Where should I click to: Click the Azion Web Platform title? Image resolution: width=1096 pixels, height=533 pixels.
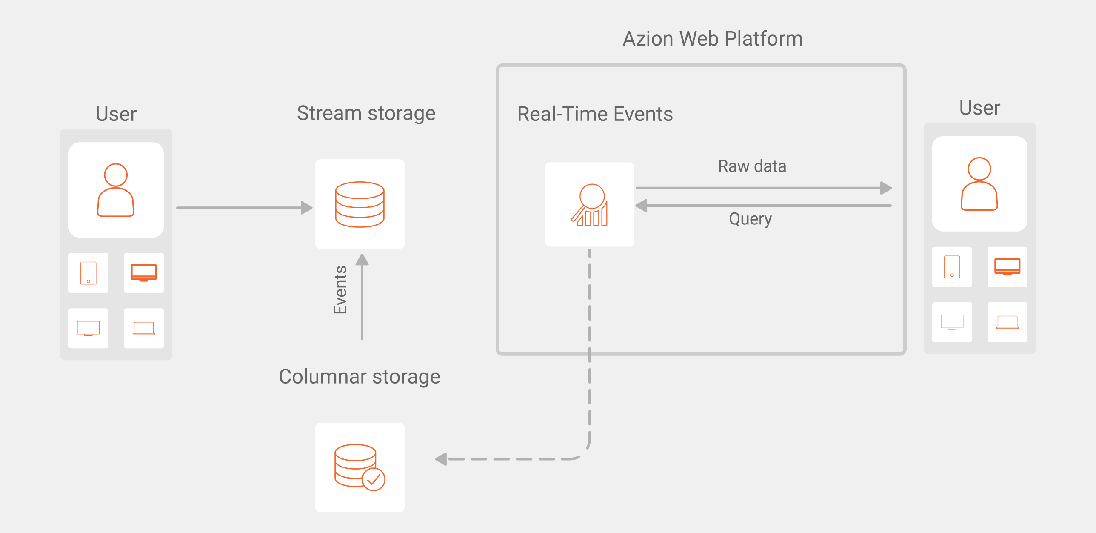[713, 39]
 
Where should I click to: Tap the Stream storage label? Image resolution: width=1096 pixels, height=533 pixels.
[366, 113]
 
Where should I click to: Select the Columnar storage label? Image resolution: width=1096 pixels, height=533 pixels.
[359, 376]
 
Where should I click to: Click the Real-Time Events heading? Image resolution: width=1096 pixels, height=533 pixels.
[595, 114]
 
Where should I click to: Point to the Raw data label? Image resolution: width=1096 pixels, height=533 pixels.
[752, 166]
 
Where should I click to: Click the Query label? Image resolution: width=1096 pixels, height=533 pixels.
[750, 219]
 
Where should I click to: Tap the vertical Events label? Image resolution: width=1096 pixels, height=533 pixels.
[340, 290]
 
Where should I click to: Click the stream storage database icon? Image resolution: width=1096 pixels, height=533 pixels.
[360, 204]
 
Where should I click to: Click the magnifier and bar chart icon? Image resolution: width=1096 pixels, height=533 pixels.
[590, 205]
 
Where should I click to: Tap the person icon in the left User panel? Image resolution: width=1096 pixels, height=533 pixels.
[116, 190]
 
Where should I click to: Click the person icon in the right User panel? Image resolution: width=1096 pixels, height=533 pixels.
[979, 184]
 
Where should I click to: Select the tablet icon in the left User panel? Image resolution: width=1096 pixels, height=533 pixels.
[88, 273]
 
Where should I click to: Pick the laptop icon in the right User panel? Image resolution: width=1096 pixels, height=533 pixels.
[1007, 322]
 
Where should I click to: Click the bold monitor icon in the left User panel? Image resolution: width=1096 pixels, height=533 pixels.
[143, 272]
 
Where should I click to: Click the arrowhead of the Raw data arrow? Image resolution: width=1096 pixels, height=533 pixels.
[886, 188]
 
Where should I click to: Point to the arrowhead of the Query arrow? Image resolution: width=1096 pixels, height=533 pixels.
[641, 206]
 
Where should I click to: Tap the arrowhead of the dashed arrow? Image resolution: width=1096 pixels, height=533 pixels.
[441, 459]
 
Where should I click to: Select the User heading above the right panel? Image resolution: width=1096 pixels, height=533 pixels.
[979, 108]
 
